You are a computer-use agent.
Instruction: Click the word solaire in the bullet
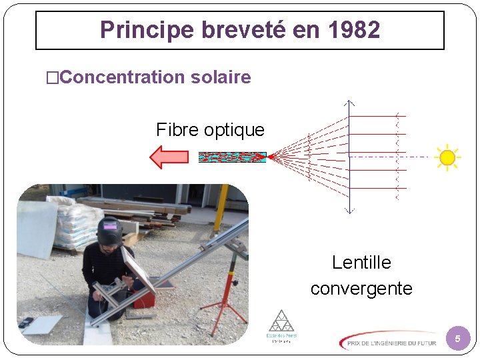221,77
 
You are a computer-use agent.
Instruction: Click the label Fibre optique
210,129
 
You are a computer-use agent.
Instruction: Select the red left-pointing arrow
169,157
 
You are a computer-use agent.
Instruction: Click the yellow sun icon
447,157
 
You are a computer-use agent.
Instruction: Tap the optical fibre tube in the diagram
232,157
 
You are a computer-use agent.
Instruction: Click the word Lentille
361,263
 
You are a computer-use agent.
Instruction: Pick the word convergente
361,289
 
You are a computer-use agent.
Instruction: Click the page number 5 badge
457,339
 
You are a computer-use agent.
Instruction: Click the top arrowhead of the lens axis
349,103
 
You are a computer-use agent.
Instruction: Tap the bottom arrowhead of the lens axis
349,211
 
